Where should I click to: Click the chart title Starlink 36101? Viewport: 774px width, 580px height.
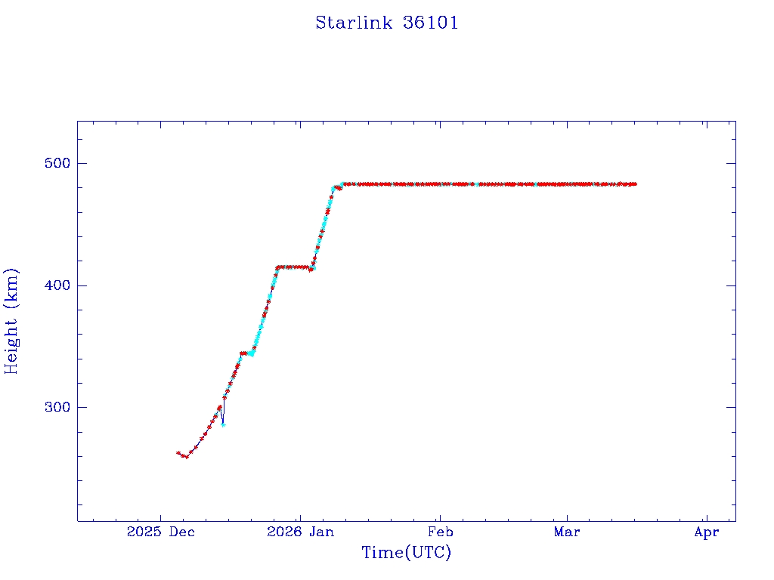point(386,23)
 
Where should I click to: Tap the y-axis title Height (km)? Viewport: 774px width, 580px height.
point(12,321)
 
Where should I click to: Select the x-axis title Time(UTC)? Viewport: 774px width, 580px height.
point(406,553)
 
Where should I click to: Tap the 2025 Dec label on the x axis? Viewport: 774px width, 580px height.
point(160,532)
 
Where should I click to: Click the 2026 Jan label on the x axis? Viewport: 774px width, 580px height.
point(300,532)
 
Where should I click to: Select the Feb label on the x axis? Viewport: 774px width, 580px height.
point(440,532)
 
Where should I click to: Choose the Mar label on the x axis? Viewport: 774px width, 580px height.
point(567,532)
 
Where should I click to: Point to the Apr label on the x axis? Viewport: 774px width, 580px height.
point(706,532)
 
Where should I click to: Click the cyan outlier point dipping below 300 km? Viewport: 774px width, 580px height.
point(223,424)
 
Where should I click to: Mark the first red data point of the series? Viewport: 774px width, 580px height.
point(178,452)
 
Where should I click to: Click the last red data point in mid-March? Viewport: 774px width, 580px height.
point(635,184)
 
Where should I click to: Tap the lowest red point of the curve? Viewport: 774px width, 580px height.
point(186,457)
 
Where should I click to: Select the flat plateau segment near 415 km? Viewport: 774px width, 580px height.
point(293,267)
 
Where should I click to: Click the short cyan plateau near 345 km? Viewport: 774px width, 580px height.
point(249,353)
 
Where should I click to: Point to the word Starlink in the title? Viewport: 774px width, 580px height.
point(353,23)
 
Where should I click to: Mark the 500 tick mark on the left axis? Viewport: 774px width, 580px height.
point(80,163)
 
